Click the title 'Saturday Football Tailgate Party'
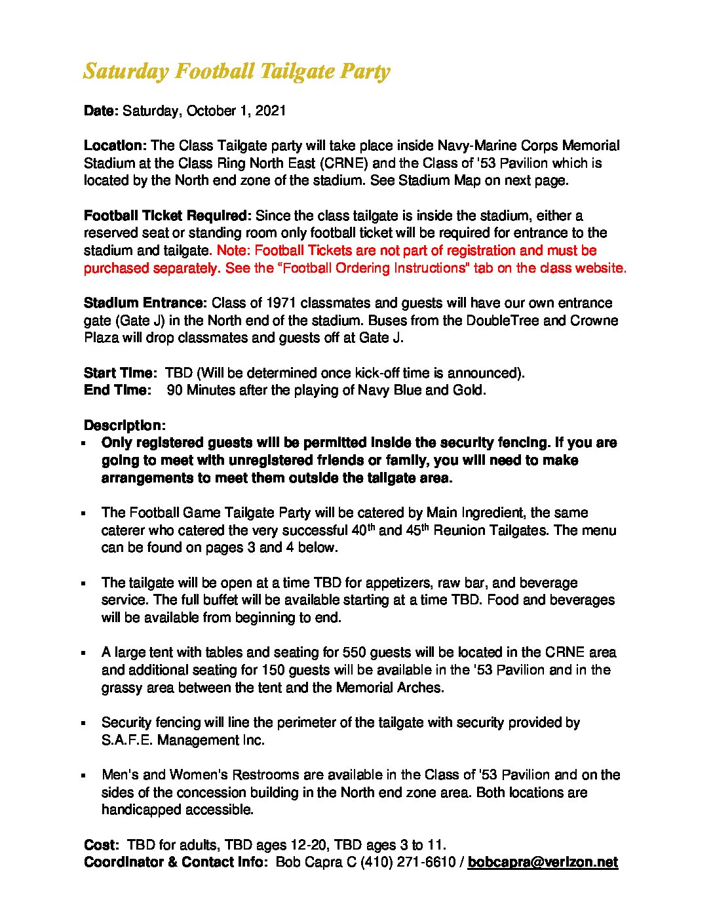[x=237, y=71]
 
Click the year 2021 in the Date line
[x=271, y=111]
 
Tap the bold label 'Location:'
[x=115, y=146]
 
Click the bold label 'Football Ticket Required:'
[x=167, y=216]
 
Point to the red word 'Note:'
[x=233, y=250]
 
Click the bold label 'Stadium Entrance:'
[x=145, y=303]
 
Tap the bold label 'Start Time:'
[x=120, y=373]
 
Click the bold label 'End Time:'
[x=117, y=390]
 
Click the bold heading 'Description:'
[x=125, y=425]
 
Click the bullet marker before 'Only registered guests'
[x=84, y=444]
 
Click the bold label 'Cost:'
[x=101, y=845]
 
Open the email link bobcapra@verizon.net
[x=543, y=862]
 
